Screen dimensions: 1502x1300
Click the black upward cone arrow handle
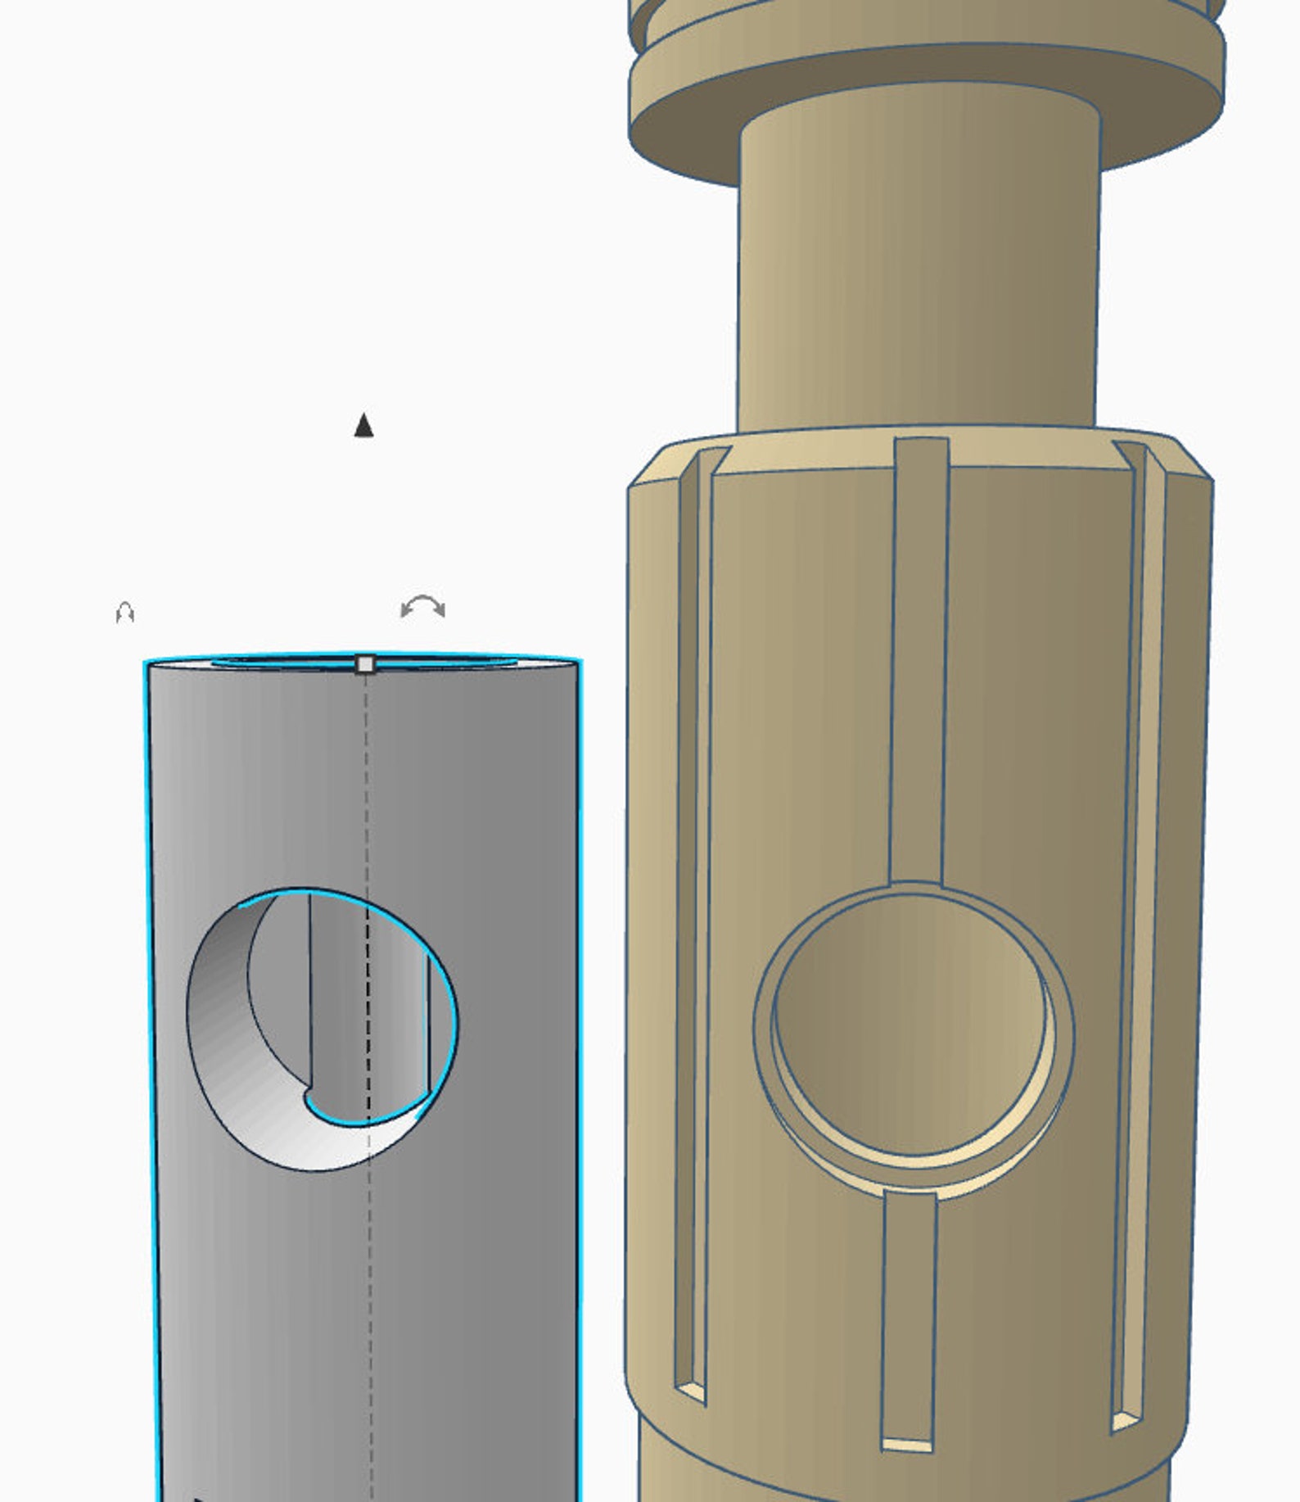click(x=364, y=426)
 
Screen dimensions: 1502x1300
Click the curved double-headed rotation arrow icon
click(x=423, y=608)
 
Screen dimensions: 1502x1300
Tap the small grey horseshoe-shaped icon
click(x=124, y=613)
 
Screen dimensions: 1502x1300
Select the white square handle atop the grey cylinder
click(x=366, y=663)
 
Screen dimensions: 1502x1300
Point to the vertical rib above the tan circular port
click(x=919, y=655)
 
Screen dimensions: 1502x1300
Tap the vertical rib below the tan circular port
click(x=909, y=1310)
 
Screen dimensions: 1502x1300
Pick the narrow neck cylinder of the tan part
click(x=917, y=270)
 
